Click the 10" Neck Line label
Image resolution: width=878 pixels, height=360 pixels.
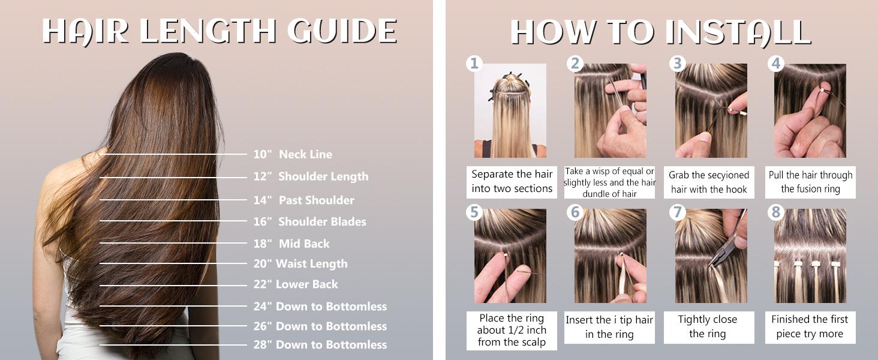(x=292, y=154)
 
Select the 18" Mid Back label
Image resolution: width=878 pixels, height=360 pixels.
(x=291, y=244)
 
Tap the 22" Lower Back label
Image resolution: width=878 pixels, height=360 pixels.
(x=296, y=284)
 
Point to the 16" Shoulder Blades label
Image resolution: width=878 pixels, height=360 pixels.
(x=309, y=222)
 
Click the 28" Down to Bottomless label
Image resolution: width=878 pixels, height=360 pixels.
(x=320, y=345)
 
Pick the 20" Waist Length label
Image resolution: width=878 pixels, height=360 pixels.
(x=300, y=264)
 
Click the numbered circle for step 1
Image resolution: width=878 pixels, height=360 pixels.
(x=474, y=64)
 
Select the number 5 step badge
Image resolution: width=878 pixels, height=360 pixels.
(x=474, y=211)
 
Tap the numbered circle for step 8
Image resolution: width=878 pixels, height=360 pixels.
(x=777, y=211)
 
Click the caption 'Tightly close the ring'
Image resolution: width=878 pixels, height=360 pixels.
(x=707, y=327)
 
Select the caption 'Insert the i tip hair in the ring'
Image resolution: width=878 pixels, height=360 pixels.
(x=609, y=327)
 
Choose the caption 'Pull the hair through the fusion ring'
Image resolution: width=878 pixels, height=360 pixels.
(x=810, y=182)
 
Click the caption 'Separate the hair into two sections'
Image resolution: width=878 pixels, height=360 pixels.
(x=512, y=181)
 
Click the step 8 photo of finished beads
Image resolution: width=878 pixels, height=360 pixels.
(x=810, y=256)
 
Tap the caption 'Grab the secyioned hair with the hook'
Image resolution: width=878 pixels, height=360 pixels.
(x=709, y=182)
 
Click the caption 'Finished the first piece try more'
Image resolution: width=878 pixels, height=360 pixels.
(x=810, y=327)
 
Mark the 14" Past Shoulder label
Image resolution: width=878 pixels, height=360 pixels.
(x=303, y=200)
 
